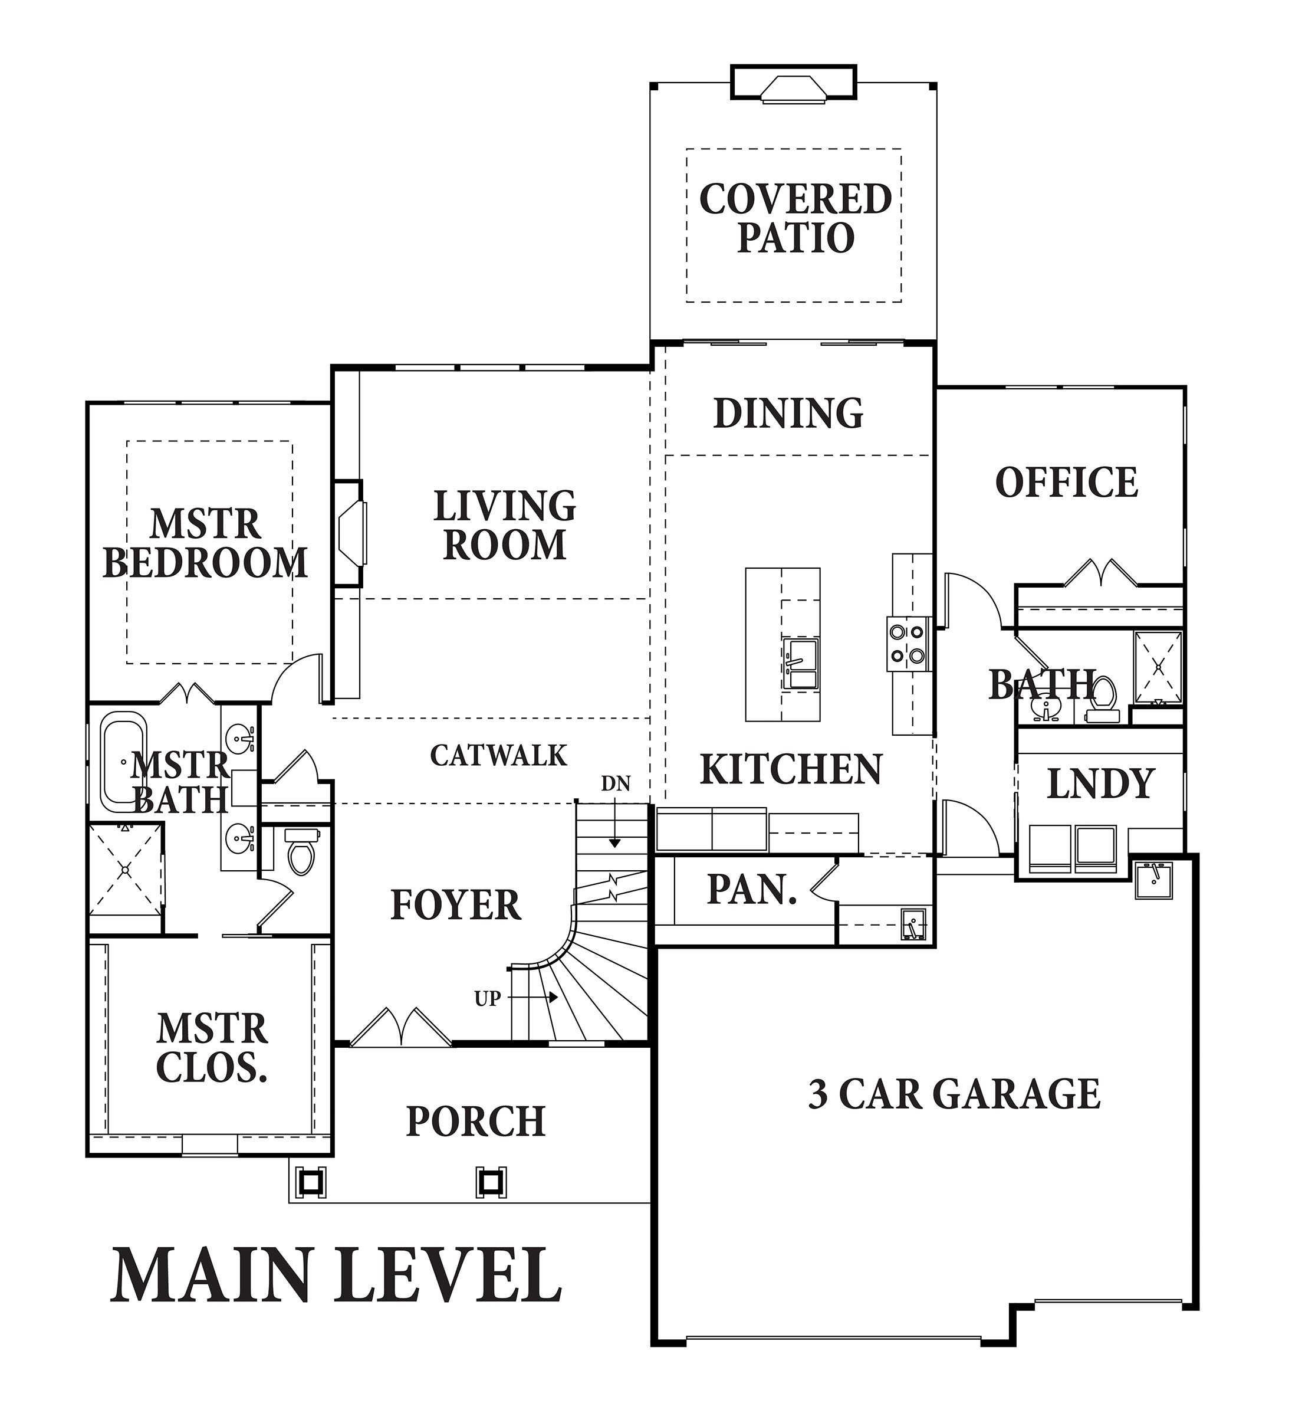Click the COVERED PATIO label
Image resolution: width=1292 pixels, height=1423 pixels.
795,218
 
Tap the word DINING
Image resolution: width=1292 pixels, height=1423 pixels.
788,414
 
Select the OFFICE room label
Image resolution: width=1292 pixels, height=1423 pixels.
1066,483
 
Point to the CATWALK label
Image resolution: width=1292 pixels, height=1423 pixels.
498,755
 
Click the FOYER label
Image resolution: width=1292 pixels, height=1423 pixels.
456,905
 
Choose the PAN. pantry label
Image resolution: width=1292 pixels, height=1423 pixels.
752,890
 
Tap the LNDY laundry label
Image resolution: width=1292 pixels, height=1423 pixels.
1100,783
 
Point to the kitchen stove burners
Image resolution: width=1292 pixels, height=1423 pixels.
908,643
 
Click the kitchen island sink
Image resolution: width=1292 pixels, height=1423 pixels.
800,664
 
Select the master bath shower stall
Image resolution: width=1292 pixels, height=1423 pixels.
126,870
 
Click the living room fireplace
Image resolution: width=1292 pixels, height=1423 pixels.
349,533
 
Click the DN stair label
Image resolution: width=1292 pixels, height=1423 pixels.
615,783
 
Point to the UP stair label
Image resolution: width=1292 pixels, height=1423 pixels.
488,999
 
